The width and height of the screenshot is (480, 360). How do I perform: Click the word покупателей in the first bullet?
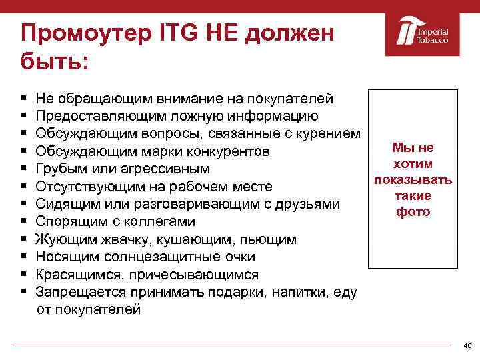pos(295,99)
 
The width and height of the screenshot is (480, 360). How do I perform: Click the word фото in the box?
pos(413,212)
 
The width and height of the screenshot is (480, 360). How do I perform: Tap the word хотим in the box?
pos(413,164)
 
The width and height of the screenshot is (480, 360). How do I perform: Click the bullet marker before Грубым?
pos(23,169)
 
